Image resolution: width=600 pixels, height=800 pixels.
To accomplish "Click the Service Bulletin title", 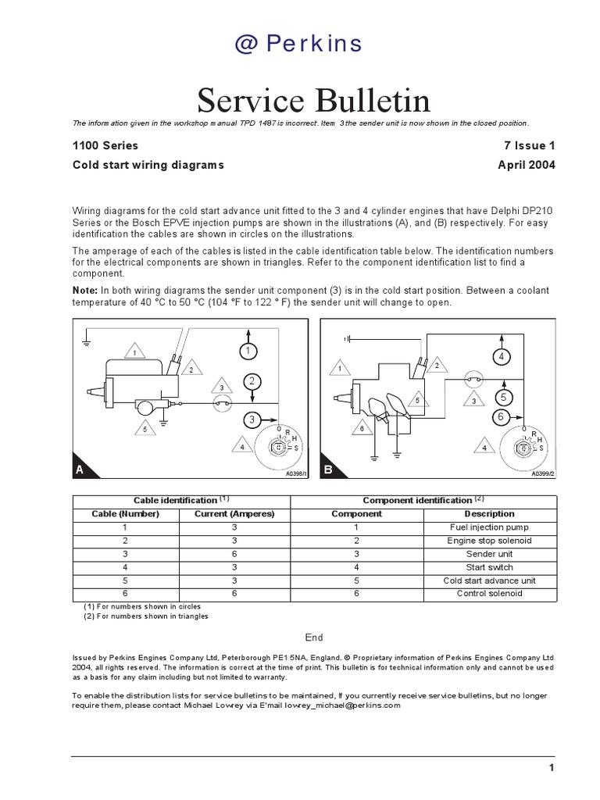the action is tap(313, 100).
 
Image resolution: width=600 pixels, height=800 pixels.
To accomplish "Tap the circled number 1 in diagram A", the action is tap(248, 352).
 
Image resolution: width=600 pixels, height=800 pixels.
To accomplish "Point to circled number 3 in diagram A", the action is tap(252, 420).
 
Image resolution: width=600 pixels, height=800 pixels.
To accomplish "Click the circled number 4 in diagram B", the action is tap(502, 357).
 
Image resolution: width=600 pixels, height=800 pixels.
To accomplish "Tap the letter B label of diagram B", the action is tap(329, 469).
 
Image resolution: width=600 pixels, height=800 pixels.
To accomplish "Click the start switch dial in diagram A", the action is tap(276, 448).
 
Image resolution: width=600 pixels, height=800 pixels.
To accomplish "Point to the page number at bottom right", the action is tap(551, 769).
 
